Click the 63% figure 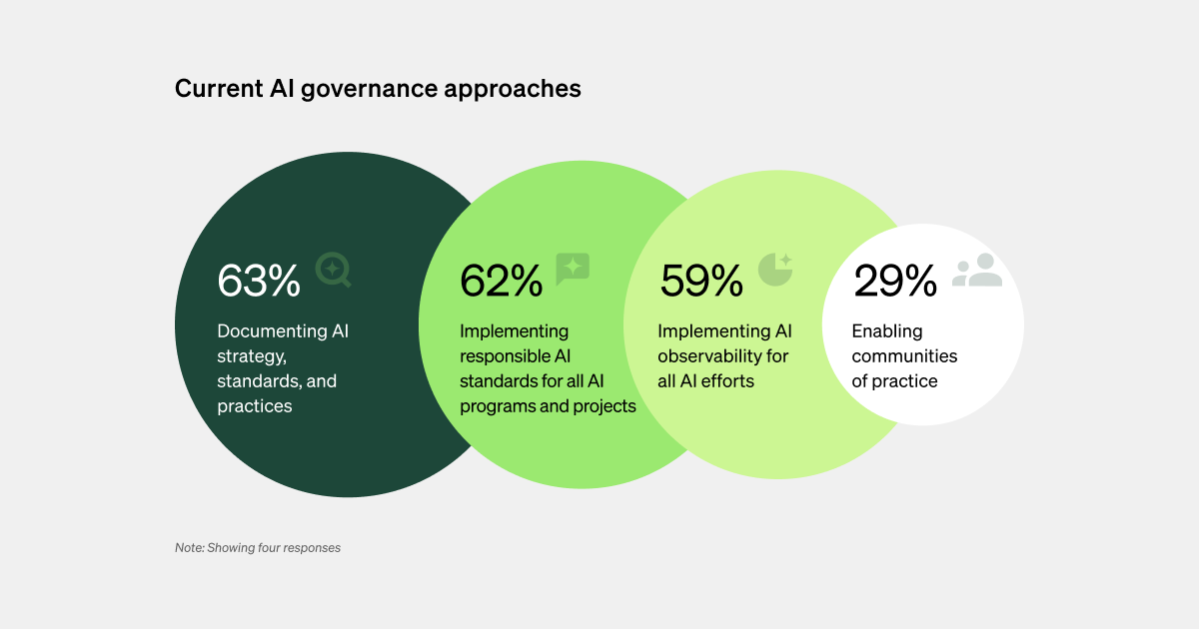[x=259, y=281]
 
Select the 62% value [x=501, y=281]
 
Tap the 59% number [x=701, y=281]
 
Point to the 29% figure [x=895, y=281]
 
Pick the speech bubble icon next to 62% [x=573, y=269]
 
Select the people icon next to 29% [x=976, y=270]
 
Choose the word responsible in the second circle [x=502, y=356]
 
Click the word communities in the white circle [x=904, y=356]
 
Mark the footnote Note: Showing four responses [x=258, y=547]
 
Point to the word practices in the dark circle [x=255, y=406]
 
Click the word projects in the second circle [x=605, y=406]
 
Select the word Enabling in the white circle [x=887, y=331]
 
